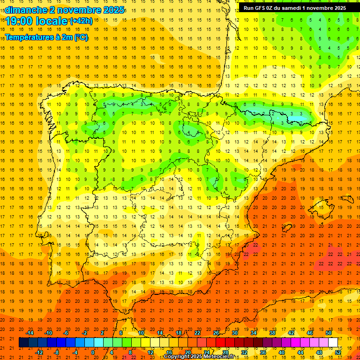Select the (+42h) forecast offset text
pyautogui.click(x=81, y=21)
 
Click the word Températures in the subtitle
pyautogui.click(x=28, y=37)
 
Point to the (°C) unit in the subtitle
pyautogui.click(x=81, y=37)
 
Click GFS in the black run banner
pyautogui.click(x=261, y=8)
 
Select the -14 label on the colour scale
pyautogui.click(x=30, y=333)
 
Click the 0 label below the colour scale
pyautogui.click(x=93, y=352)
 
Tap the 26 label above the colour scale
pyautogui.click(x=216, y=333)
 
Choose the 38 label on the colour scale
pyautogui.click(x=272, y=333)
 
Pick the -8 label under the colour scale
pyautogui.click(x=56, y=352)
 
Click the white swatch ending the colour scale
pyautogui.click(x=333, y=343)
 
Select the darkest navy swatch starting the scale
pyautogui.click(x=23, y=343)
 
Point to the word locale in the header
pyautogui.click(x=53, y=21)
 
